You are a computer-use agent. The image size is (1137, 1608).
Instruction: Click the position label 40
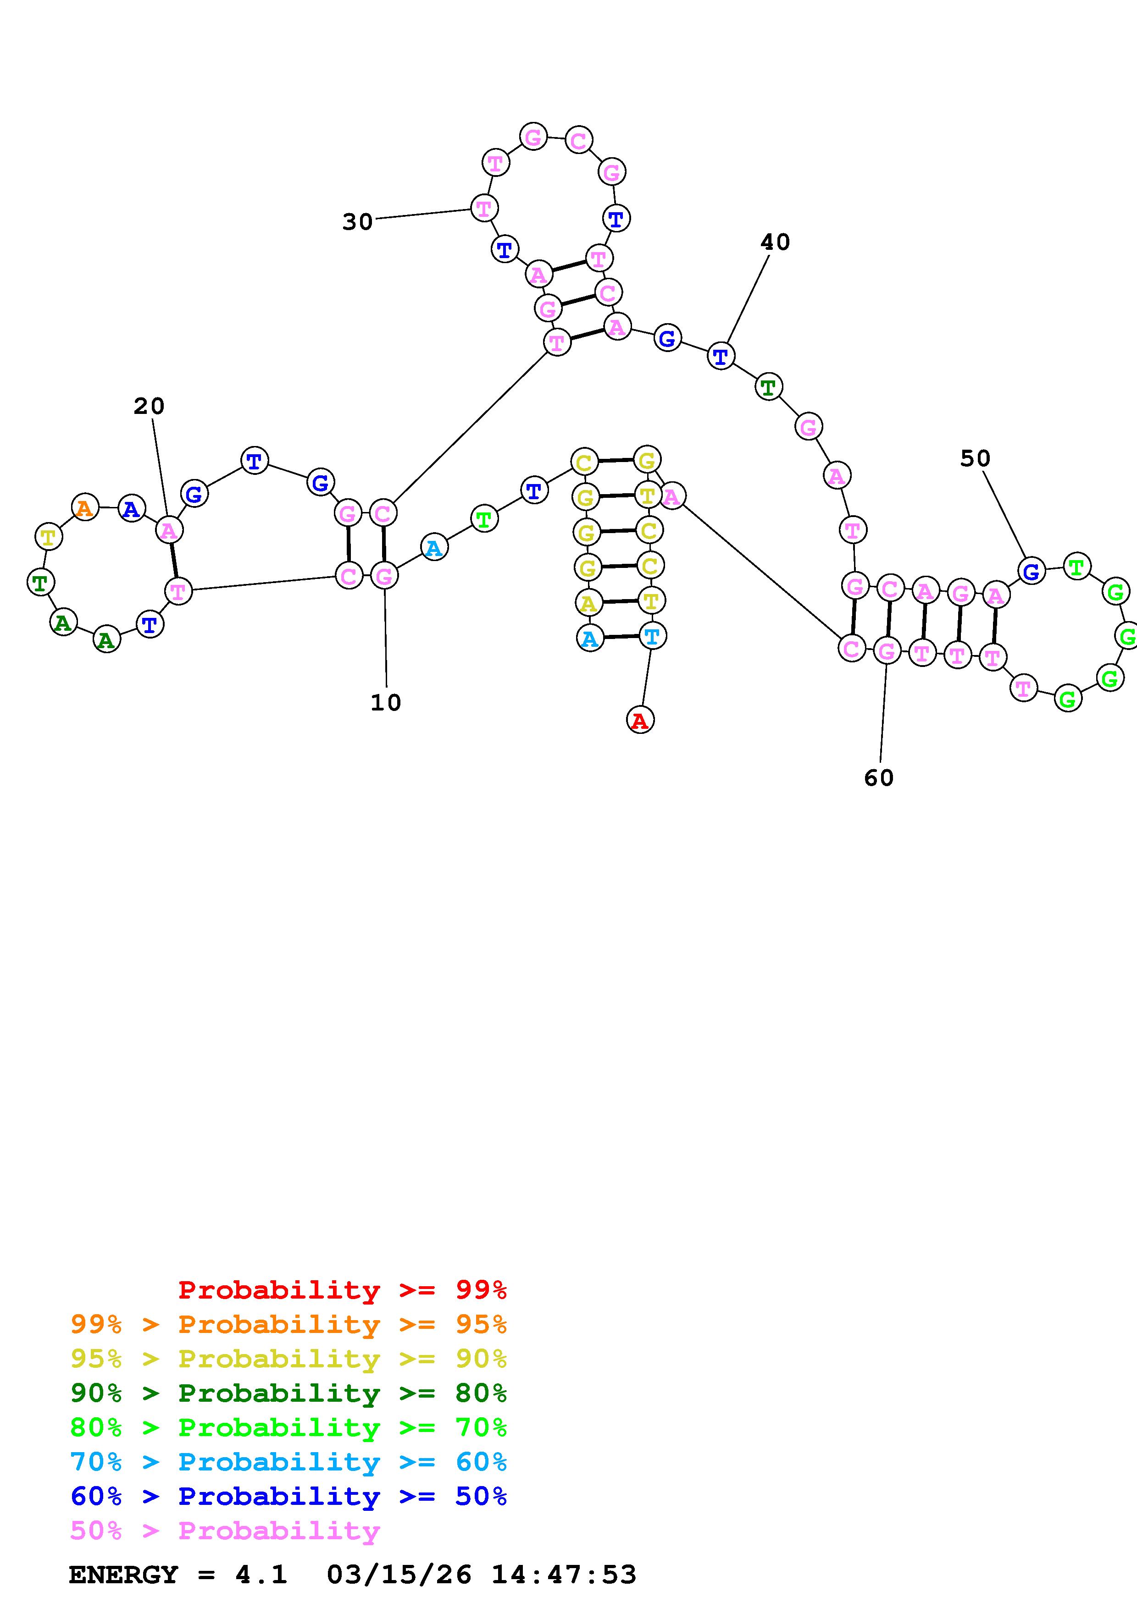pos(775,242)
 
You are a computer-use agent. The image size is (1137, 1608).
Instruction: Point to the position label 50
pos(975,459)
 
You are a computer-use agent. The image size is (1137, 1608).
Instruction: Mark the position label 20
pos(149,406)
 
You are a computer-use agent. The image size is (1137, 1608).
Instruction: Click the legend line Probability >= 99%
pos(343,1290)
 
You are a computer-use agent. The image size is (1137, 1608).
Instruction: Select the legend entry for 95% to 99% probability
pos(288,1324)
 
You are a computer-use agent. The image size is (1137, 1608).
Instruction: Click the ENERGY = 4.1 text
pos(178,1575)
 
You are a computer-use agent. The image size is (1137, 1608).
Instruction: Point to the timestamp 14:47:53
pos(564,1575)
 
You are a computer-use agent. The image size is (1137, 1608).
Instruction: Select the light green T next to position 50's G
pos(1077,566)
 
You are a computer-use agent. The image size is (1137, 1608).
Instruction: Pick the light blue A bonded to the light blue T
pos(590,638)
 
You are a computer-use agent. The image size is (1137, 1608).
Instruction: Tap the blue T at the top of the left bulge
pos(254,461)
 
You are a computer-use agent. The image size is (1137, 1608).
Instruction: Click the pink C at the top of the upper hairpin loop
pos(579,141)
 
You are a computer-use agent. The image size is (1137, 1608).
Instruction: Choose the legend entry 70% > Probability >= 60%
pos(288,1462)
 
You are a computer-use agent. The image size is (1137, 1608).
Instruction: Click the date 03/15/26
pos(399,1575)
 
